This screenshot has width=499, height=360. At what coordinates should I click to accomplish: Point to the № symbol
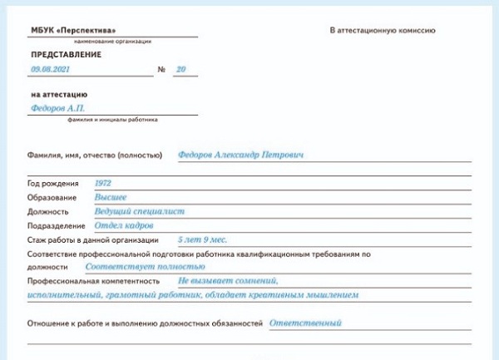tap(161, 71)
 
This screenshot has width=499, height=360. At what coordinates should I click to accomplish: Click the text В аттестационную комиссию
tap(383, 30)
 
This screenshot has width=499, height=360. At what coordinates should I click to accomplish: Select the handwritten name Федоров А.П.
tap(57, 108)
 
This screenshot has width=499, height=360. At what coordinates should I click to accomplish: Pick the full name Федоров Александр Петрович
tap(241, 155)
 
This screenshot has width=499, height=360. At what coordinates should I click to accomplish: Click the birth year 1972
tap(103, 183)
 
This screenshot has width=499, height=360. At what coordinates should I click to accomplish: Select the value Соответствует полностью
tap(145, 267)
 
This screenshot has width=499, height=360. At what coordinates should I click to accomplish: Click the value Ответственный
tap(305, 323)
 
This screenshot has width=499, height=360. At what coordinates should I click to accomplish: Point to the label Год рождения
tap(53, 184)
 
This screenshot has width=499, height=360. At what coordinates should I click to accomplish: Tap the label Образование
tap(52, 198)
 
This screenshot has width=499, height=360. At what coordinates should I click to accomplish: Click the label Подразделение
tap(57, 226)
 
